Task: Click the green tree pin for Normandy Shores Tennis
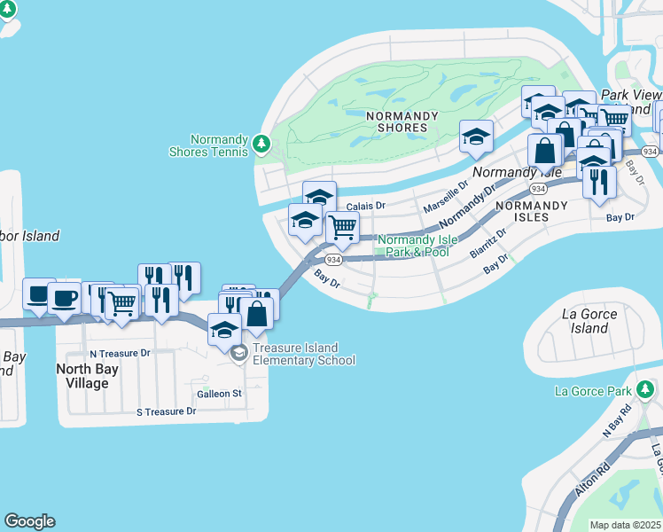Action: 261,143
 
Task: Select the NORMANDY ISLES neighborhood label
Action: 531,210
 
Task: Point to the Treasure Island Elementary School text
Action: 304,354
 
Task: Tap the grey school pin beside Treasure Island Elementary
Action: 238,354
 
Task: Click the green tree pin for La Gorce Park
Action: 647,390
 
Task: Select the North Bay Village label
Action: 82,376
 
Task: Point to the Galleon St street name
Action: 220,393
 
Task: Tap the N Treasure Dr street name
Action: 120,353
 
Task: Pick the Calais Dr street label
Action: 366,206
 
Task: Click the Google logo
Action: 29,521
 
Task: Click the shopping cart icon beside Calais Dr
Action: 342,227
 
